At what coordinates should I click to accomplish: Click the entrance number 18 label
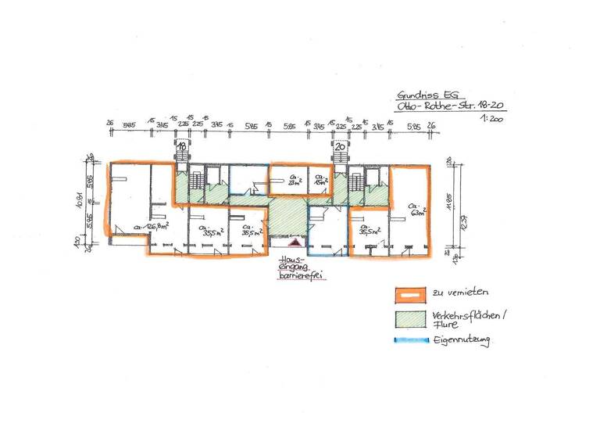point(180,145)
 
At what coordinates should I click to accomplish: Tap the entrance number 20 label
point(340,145)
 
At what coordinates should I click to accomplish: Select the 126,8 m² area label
point(152,228)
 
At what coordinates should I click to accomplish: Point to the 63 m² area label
point(417,210)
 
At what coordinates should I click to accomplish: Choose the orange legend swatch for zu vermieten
point(409,294)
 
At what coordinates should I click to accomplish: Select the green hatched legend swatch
point(409,318)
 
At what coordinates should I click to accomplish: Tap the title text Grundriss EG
point(421,94)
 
